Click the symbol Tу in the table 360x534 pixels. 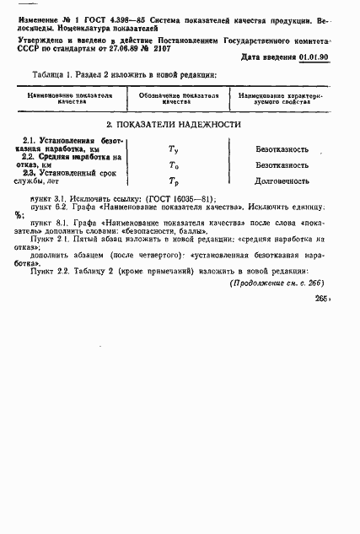pyautogui.click(x=174, y=148)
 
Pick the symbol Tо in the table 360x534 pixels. pyautogui.click(x=174, y=165)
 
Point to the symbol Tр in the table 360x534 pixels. pyautogui.click(x=174, y=182)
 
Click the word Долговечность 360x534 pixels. pyautogui.click(x=282, y=182)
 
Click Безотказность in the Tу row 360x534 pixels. pyautogui.click(x=282, y=148)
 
